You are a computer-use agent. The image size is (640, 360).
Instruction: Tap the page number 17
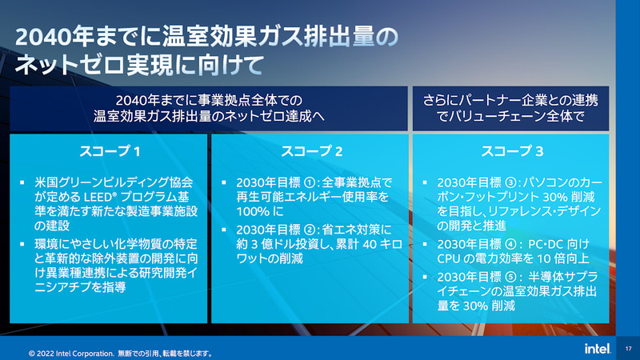coord(628,349)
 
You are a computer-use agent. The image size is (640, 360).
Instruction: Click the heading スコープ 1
coord(110,150)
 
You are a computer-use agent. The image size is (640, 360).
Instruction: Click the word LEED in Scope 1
coord(98,198)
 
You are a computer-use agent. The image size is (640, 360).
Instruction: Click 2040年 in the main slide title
coord(42,35)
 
